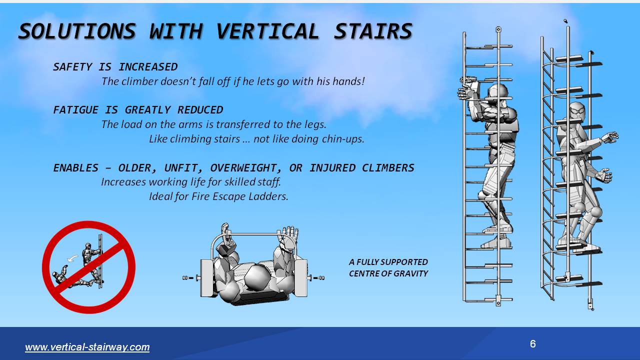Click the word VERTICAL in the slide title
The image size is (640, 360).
click(267, 32)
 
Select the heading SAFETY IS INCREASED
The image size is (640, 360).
click(115, 66)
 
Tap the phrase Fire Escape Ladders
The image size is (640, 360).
click(239, 196)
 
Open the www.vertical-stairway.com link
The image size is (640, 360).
click(87, 347)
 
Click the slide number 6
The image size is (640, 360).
click(533, 344)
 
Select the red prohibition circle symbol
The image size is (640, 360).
click(88, 267)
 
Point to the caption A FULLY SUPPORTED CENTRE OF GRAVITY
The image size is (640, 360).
click(388, 267)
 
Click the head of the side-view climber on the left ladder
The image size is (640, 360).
click(497, 92)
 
